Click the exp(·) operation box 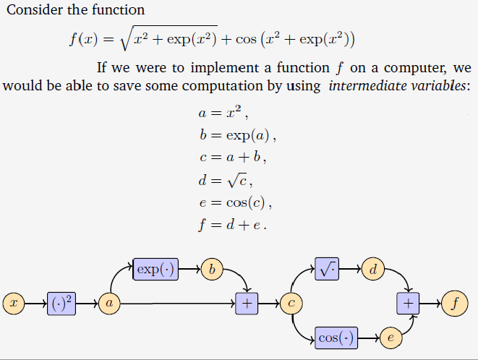(155, 270)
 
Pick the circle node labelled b (212, 270)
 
